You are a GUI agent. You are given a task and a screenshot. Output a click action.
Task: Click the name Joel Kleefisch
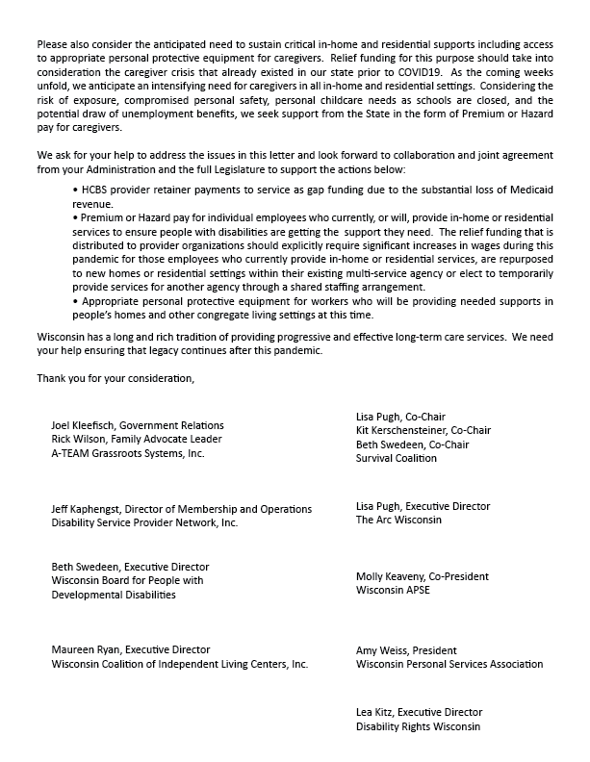point(87,425)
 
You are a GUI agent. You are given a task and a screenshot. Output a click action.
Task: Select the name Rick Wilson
point(81,439)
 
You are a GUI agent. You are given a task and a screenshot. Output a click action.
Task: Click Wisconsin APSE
point(393,590)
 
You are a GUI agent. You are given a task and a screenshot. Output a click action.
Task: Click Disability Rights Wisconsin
point(417,726)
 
